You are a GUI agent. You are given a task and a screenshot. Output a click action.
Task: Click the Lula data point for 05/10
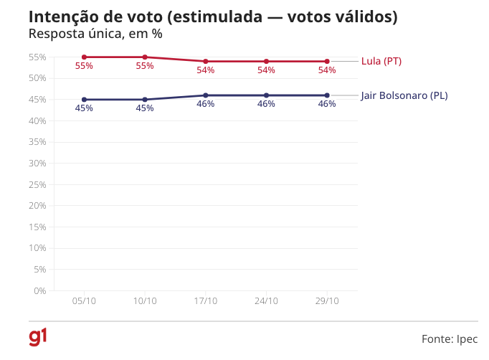(x=84, y=57)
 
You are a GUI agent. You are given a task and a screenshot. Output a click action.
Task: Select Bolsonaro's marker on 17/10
(x=206, y=95)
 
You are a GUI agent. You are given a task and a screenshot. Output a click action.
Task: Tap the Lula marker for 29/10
(x=327, y=62)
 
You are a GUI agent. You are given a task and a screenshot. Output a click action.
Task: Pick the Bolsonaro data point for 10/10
(x=145, y=100)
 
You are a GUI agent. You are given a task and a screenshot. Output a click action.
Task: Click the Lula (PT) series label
(x=381, y=62)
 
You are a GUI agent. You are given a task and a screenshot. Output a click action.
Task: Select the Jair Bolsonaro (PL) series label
(x=404, y=95)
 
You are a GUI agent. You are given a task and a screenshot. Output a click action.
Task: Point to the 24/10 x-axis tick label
(x=266, y=301)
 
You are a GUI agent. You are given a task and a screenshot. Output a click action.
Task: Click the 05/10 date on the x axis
(x=84, y=301)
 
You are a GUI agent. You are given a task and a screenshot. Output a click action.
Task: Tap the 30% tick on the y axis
(x=38, y=164)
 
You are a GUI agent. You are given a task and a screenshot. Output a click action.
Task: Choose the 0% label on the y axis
(x=40, y=290)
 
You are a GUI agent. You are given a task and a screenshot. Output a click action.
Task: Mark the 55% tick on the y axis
(x=38, y=57)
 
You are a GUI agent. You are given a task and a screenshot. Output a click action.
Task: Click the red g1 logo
(x=38, y=336)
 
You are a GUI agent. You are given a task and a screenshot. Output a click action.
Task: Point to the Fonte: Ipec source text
(x=449, y=338)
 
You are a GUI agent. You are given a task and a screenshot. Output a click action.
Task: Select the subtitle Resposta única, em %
(x=95, y=34)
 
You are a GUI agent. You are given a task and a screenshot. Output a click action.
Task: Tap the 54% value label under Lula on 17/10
(x=206, y=70)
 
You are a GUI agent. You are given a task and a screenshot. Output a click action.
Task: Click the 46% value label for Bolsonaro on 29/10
(x=327, y=104)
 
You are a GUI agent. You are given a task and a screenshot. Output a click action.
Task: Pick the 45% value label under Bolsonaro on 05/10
(x=84, y=108)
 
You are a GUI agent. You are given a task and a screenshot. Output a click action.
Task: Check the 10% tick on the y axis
(x=38, y=248)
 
